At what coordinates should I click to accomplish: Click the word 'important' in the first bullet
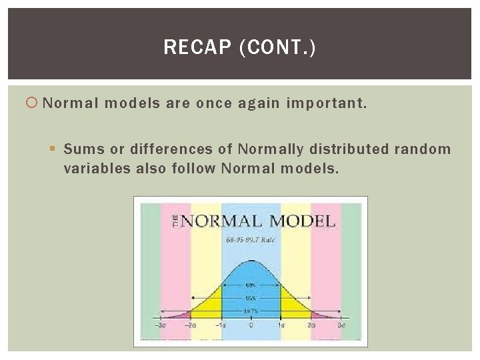coord(324,104)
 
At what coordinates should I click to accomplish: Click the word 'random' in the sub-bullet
coord(423,149)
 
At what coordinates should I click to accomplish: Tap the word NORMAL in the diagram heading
coord(219,221)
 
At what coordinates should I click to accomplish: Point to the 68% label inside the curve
coord(251,285)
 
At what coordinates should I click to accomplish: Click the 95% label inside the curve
coord(251,299)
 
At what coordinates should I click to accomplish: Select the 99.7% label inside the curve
coord(251,311)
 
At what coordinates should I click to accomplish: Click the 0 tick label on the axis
coord(251,325)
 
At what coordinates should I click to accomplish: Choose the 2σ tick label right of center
coord(311,325)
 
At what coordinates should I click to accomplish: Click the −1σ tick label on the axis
coord(221,325)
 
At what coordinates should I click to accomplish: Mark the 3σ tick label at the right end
coord(341,325)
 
